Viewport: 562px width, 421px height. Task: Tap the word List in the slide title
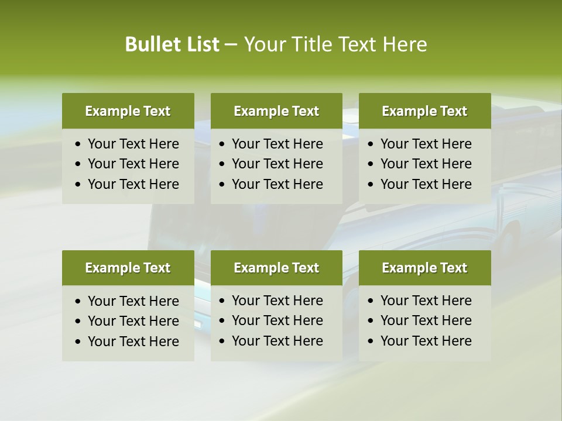pos(202,44)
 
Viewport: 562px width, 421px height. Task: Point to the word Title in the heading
pos(314,44)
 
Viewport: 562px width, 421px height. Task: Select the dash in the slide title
pos(231,45)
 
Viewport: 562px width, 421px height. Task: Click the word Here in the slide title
pos(405,44)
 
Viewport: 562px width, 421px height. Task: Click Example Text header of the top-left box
pos(128,111)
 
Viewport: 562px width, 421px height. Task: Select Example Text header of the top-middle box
pos(276,111)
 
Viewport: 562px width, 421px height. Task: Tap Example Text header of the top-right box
pos(424,111)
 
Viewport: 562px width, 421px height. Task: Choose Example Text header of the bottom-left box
pos(128,268)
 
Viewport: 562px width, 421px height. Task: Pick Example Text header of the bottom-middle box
pos(276,268)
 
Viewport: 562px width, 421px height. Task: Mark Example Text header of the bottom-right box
pos(424,268)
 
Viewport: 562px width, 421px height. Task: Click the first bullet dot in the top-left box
pos(78,144)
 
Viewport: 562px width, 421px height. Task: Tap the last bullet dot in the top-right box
pos(371,185)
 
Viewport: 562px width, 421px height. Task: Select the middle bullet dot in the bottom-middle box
pos(222,321)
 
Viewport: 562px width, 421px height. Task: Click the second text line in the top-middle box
pos(277,164)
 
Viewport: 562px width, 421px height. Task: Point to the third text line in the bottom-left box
pos(133,341)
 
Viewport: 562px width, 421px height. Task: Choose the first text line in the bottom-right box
pos(426,301)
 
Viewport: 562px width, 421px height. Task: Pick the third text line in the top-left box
pos(133,184)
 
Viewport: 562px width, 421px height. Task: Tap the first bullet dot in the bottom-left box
pos(78,302)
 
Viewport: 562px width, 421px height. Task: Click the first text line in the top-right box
pos(426,144)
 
